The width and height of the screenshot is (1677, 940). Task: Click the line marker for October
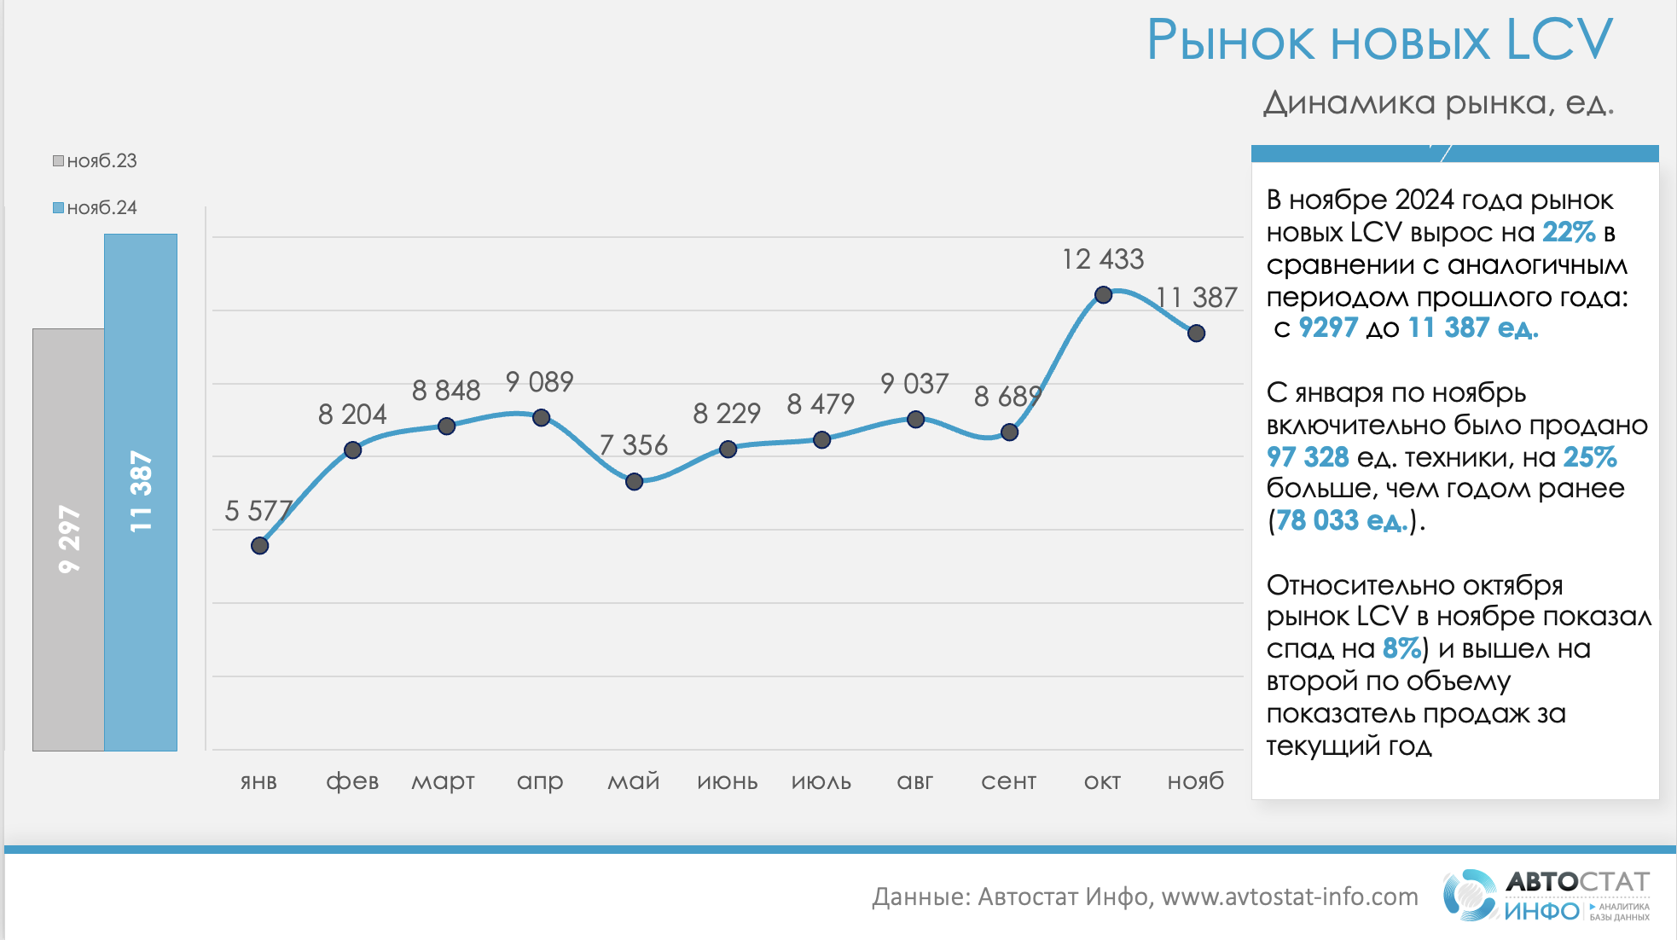(1103, 295)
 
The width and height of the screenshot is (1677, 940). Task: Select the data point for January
(260, 546)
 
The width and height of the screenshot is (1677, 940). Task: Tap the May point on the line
(634, 482)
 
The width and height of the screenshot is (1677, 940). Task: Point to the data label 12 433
(1102, 259)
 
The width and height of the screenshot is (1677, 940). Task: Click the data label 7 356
(633, 445)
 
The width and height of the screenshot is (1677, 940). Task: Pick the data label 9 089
(539, 382)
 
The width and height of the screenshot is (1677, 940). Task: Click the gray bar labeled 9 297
(68, 539)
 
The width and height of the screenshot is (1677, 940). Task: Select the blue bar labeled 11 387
(141, 492)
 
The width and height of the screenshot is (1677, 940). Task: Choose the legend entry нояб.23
(96, 161)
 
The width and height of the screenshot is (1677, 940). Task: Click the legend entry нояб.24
(96, 208)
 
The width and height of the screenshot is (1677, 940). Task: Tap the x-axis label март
(443, 781)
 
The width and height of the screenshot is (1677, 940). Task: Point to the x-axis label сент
(1008, 781)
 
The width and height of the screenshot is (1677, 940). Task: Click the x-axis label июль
(821, 781)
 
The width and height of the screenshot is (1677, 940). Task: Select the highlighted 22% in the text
(1568, 232)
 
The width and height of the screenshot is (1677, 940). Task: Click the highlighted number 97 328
(1307, 457)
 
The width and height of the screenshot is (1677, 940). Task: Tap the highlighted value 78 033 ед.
(1341, 520)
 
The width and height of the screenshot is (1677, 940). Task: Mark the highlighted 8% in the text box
(1401, 648)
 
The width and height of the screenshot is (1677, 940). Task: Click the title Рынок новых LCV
(1379, 40)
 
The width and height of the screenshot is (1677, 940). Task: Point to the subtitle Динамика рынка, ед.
(1438, 103)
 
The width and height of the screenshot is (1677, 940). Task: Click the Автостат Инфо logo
(1546, 896)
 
